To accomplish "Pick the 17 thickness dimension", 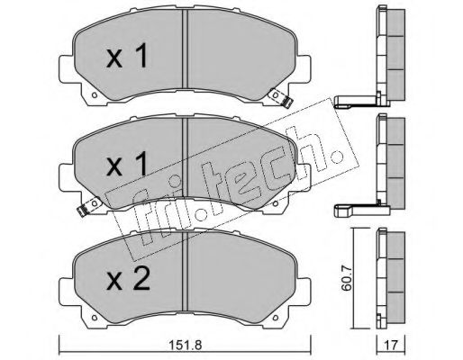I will [390, 343].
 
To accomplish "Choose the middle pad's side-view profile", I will [389, 162].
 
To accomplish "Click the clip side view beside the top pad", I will [354, 101].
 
